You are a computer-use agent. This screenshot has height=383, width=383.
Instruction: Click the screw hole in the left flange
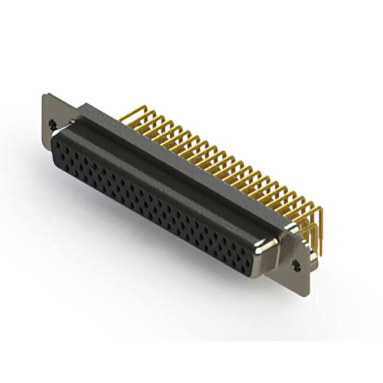tap(53, 125)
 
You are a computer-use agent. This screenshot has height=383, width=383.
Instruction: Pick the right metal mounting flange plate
tap(301, 269)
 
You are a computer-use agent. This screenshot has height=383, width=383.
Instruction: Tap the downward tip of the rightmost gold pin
tap(320, 254)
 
